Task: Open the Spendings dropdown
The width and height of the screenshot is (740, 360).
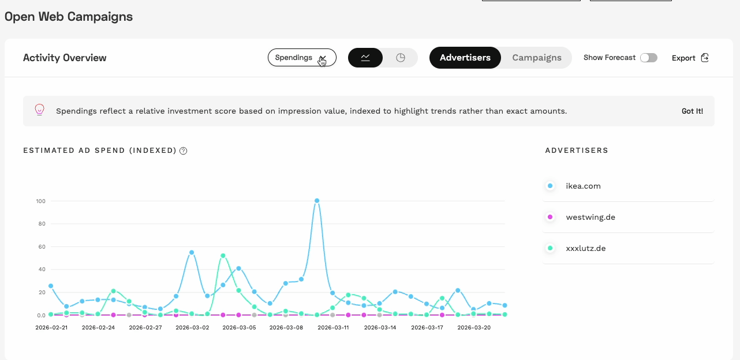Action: (301, 58)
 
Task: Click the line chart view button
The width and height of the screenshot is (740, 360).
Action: (365, 58)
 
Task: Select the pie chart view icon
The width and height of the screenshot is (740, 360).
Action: (401, 58)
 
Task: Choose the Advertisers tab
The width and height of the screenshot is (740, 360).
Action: (465, 58)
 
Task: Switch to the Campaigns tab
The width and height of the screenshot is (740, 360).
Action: (536, 58)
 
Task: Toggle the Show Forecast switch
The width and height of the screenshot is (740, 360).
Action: (649, 58)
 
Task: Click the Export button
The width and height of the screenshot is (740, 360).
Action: (690, 58)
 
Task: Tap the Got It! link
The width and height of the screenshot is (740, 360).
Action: (692, 111)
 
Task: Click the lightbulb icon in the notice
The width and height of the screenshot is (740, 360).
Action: (40, 110)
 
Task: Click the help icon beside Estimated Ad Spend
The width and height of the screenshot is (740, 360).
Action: (184, 151)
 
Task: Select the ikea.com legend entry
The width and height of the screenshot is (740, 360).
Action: (583, 186)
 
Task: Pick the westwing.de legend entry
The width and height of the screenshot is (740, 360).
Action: (590, 217)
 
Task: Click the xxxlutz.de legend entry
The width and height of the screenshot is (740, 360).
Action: (585, 248)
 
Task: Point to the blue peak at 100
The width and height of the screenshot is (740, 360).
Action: (317, 201)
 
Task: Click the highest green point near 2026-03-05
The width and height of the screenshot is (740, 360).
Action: (223, 256)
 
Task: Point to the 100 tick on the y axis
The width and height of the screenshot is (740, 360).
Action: (40, 201)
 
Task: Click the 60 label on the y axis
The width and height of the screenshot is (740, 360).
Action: (42, 246)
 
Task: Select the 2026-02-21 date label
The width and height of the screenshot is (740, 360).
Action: (51, 327)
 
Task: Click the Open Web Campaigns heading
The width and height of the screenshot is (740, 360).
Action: (69, 17)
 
